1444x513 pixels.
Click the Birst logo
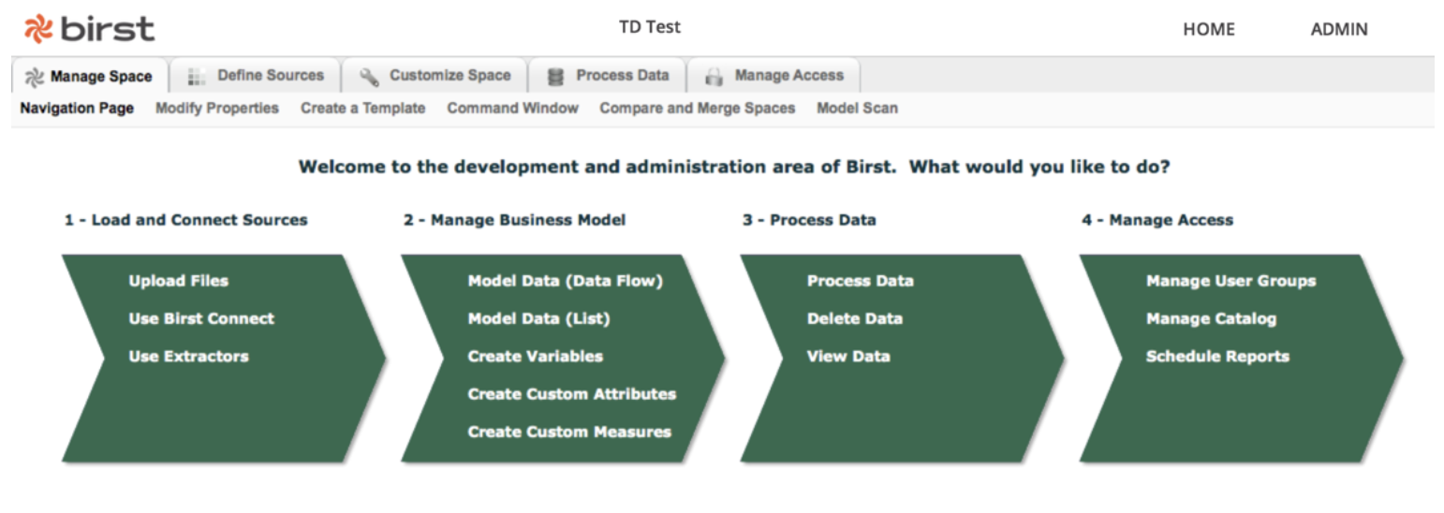pos(89,29)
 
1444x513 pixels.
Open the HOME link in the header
pos(1209,29)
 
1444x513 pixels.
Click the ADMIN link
pos(1339,29)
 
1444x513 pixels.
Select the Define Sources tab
pos(256,76)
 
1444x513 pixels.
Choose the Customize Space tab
pos(435,76)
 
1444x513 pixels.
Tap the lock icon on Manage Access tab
pos(714,77)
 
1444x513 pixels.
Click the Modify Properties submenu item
pos(217,109)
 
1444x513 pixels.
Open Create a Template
pos(363,109)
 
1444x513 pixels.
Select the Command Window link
pos(512,109)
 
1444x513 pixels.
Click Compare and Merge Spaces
pos(698,109)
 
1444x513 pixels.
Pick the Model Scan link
pos(858,109)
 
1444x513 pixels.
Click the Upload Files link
pos(179,281)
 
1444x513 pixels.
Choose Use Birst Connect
pos(201,318)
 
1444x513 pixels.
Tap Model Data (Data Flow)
pos(566,281)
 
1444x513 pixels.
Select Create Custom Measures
pos(569,432)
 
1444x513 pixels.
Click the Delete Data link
pos(855,318)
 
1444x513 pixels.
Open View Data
pos(848,357)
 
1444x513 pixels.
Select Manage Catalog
pos(1211,319)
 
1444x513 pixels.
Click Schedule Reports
pos(1217,357)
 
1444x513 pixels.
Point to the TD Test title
pos(650,27)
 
